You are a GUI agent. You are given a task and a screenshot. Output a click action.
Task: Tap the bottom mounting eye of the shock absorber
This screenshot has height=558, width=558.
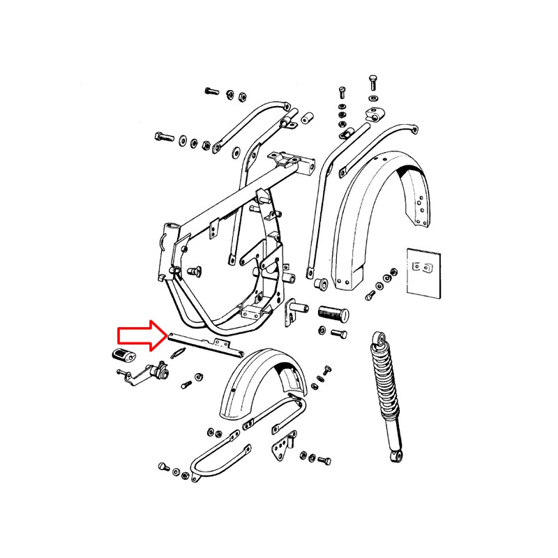[395, 457]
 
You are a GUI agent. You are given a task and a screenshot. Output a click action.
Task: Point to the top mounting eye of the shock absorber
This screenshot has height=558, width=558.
[379, 340]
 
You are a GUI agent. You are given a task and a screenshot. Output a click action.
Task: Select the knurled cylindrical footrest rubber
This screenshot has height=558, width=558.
[333, 312]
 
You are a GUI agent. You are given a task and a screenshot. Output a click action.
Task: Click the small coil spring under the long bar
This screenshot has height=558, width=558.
[178, 354]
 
